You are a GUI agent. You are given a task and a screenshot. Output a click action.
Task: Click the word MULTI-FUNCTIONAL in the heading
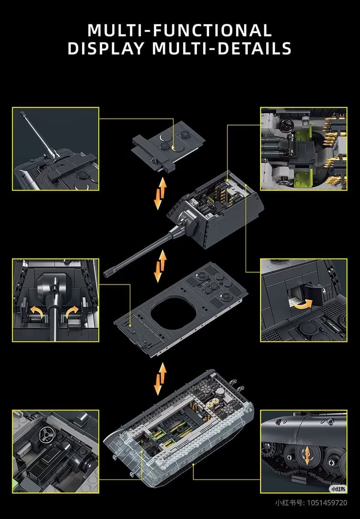pyautogui.click(x=180, y=31)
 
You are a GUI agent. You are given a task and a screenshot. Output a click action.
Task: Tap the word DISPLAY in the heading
pyautogui.click(x=106, y=48)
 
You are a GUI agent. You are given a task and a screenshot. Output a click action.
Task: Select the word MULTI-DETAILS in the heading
pyautogui.click(x=222, y=48)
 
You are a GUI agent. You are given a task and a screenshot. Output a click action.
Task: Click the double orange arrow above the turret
pyautogui.click(x=161, y=194)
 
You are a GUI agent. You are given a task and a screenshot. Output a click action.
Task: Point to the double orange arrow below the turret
pyautogui.click(x=161, y=266)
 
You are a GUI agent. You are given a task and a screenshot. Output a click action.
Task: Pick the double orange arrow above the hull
pyautogui.click(x=161, y=379)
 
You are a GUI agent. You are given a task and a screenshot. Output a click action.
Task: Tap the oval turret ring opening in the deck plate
pyautogui.click(x=174, y=313)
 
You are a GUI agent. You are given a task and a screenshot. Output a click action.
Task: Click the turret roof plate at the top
pyautogui.click(x=168, y=145)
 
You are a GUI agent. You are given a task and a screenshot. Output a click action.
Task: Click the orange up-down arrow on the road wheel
pyautogui.click(x=308, y=456)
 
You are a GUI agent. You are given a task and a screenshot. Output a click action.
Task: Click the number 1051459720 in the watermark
pyautogui.click(x=327, y=503)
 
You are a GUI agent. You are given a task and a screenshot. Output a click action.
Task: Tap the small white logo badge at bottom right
pyautogui.click(x=338, y=488)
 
